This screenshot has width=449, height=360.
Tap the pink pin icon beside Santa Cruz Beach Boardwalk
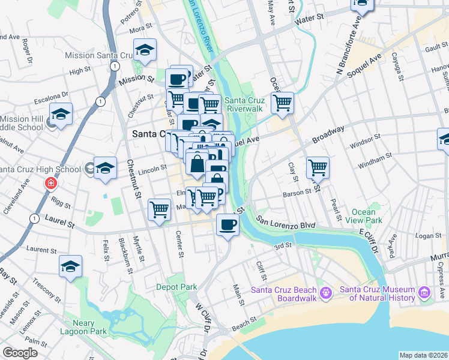326,293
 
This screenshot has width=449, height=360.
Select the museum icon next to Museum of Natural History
424,293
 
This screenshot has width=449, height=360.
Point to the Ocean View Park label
363,216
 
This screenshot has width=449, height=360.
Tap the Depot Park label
176,287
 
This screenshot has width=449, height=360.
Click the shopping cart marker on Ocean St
282,103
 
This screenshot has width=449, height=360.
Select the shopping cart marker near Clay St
318,167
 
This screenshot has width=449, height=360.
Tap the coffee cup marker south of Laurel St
226,225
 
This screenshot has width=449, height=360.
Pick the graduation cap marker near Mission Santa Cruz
145,50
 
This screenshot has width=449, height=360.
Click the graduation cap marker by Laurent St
71,266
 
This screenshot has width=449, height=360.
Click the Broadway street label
328,136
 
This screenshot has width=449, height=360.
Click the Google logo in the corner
20,353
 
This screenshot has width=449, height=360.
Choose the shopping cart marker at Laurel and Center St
159,209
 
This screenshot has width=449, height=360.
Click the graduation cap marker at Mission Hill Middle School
61,113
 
